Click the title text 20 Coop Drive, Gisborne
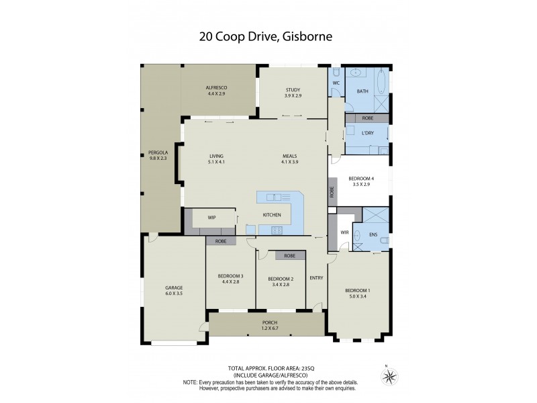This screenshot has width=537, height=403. pos(268,36)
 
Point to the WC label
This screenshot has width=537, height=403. pos(337,83)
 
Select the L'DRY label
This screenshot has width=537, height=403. pos(367,133)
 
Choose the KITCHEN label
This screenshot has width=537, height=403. pos(271,215)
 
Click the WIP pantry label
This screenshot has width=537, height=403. pos(211,218)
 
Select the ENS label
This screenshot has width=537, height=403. pos(373,235)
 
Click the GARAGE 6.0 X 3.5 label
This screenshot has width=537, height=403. pos(174,290)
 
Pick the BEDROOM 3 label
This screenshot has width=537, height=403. pos(230,276)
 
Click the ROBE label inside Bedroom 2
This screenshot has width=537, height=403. pos(290,256)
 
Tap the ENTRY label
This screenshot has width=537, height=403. pos(316,277)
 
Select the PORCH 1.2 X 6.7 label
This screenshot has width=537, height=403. pos(268,326)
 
